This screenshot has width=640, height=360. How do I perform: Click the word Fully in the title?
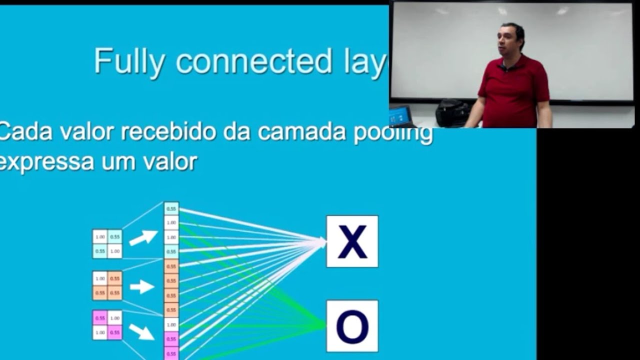click(129, 62)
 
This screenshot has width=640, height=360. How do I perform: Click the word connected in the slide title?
click(254, 61)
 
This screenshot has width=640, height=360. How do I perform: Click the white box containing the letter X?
click(352, 241)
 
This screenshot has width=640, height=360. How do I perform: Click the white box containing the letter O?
click(352, 326)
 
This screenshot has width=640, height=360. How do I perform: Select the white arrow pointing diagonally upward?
click(143, 237)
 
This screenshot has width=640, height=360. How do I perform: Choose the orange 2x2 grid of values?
click(107, 285)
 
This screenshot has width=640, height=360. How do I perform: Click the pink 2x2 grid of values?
click(107, 325)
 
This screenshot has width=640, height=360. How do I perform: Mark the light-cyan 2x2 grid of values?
click(107, 244)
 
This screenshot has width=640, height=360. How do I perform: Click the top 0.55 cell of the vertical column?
click(171, 208)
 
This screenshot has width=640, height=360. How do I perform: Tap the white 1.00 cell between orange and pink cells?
click(171, 324)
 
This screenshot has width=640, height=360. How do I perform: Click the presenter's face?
click(509, 40)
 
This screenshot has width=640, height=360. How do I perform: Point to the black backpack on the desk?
click(452, 113)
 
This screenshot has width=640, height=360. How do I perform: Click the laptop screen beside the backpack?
click(400, 116)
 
